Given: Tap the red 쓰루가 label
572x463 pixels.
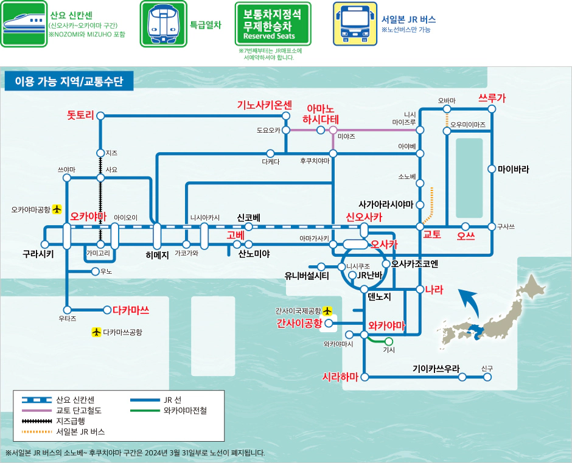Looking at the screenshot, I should [x=492, y=97].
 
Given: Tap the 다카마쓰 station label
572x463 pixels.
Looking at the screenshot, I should [x=131, y=310].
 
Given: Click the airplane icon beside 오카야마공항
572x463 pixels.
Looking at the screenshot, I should [x=57, y=209].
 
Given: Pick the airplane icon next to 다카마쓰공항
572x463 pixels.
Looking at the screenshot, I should [x=96, y=332].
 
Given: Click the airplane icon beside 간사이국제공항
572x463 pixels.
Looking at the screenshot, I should [x=328, y=310].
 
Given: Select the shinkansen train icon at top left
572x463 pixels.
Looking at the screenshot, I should [x=24, y=24].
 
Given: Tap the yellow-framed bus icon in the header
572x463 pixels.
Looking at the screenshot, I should [x=355, y=24].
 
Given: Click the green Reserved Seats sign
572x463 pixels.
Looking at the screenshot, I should [x=273, y=24].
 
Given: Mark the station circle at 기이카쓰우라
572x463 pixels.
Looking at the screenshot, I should [x=462, y=377].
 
